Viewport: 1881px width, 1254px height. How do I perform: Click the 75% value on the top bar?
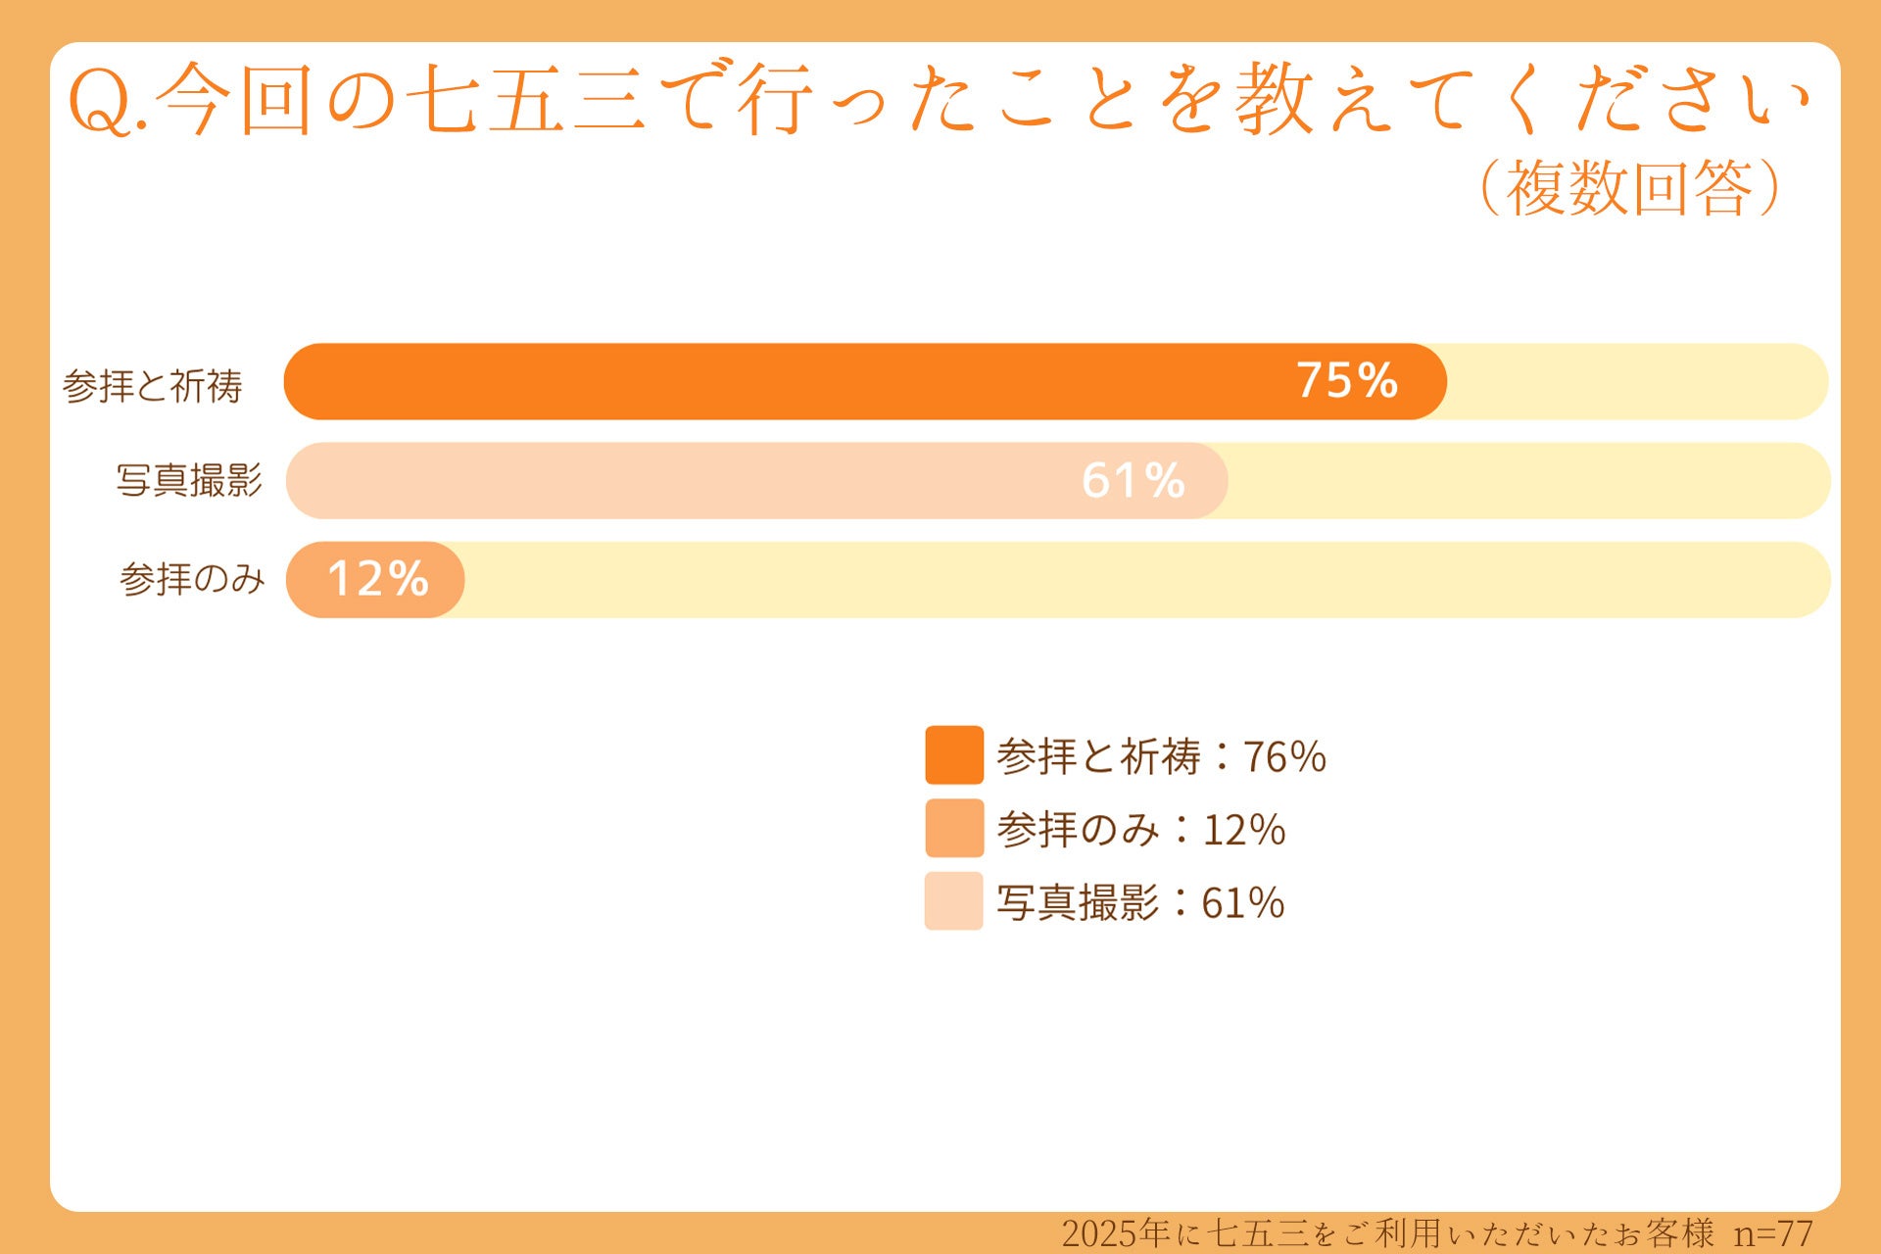pyautogui.click(x=1347, y=381)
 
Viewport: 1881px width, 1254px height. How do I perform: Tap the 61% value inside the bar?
pyautogui.click(x=1133, y=480)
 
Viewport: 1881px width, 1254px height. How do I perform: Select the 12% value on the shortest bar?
pyautogui.click(x=378, y=579)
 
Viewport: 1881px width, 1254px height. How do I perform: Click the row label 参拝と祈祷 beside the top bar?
pyautogui.click(x=153, y=386)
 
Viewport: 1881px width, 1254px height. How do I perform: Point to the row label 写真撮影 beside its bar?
pyautogui.click(x=190, y=481)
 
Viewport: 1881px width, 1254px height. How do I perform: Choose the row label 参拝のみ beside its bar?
pyautogui.click(x=192, y=579)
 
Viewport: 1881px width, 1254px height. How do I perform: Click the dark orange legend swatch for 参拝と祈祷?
pyautogui.click(x=954, y=755)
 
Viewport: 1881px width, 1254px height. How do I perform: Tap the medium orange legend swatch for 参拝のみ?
pyautogui.click(x=954, y=829)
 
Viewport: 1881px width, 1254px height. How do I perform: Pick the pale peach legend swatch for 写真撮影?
pyautogui.click(x=954, y=901)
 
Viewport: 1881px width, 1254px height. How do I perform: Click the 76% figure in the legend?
pyautogui.click(x=1284, y=756)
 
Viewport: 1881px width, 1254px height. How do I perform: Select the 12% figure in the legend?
pyautogui.click(x=1243, y=830)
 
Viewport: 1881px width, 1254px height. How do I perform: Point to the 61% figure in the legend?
pyautogui.click(x=1243, y=903)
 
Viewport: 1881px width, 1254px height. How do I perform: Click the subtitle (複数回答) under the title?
pyautogui.click(x=1629, y=187)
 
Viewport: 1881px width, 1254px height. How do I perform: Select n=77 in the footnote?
pyautogui.click(x=1773, y=1233)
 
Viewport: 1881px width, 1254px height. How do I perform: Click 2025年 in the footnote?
pyautogui.click(x=1117, y=1233)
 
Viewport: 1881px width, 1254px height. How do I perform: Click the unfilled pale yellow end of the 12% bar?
pyautogui.click(x=1146, y=580)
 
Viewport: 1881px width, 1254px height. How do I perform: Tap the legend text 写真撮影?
pyautogui.click(x=1078, y=903)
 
